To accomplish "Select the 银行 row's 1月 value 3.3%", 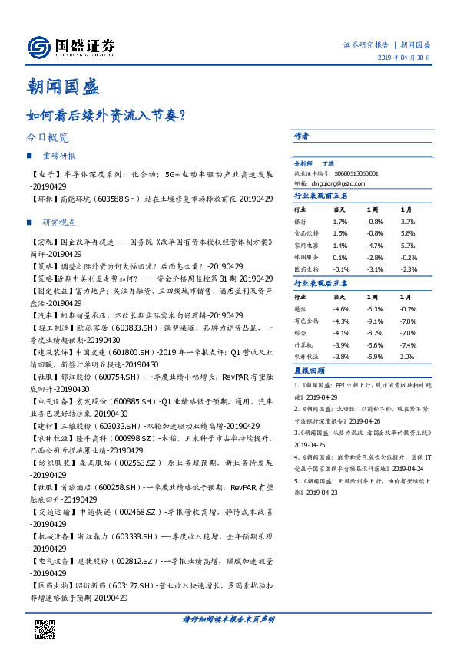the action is [x=407, y=220].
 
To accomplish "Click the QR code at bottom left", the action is [x=46, y=628].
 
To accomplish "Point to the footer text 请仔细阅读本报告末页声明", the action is [x=228, y=619].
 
